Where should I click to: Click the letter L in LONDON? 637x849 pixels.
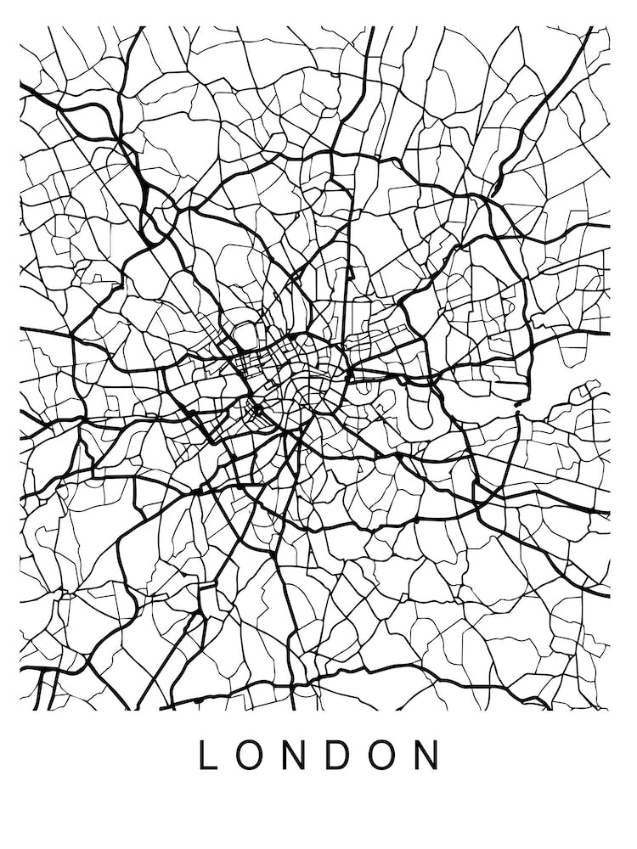click(x=207, y=755)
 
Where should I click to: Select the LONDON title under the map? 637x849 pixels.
click(x=318, y=755)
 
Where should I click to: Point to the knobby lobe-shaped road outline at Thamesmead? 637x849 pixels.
click(x=586, y=394)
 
